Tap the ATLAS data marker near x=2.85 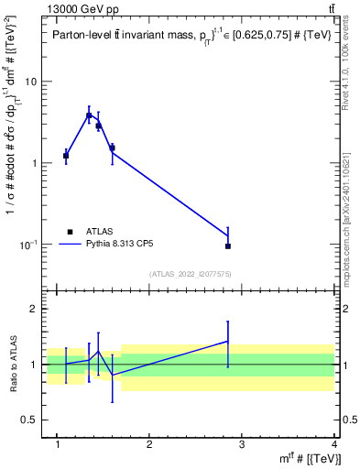point(228,245)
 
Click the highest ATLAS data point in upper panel point(89,115)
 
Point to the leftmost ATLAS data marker point(66,156)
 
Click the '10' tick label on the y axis point(30,82)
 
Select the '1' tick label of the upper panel point(34,163)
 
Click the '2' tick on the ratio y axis point(34,310)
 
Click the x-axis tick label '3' point(242,444)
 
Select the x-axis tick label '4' point(333,444)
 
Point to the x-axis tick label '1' point(59,444)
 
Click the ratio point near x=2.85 point(228,341)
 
